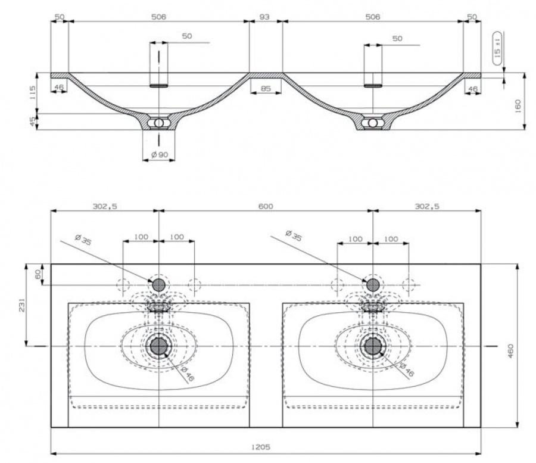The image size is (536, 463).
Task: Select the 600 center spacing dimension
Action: (266, 206)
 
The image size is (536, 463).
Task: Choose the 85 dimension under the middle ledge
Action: (265, 89)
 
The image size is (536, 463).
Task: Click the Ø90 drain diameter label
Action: (159, 155)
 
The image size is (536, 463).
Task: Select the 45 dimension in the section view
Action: (33, 121)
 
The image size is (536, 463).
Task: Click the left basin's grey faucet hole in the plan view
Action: (158, 284)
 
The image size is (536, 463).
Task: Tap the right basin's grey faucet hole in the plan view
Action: (373, 284)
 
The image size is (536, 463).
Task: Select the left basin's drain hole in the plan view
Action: (158, 346)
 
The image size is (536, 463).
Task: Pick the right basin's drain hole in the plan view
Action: (373, 346)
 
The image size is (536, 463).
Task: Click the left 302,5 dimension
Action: (104, 206)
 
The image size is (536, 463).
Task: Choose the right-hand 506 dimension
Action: (372, 17)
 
